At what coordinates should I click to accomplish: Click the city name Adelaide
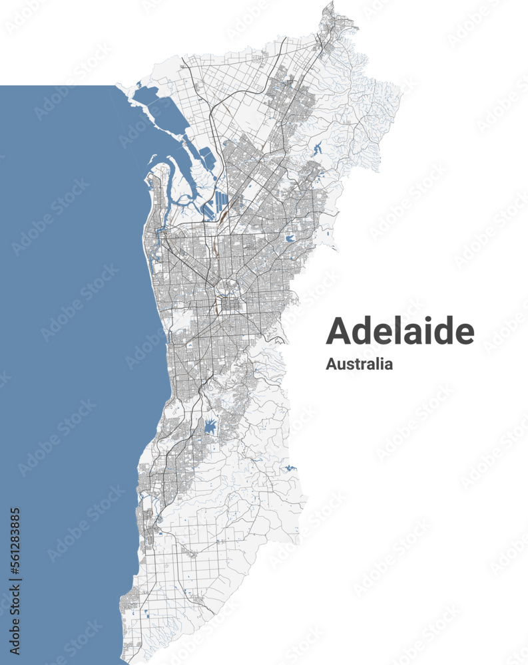click(x=399, y=331)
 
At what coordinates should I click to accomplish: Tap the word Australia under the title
click(x=359, y=364)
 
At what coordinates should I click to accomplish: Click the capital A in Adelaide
click(x=339, y=331)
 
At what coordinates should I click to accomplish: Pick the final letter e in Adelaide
click(x=465, y=333)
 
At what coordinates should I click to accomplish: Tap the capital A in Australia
click(x=331, y=364)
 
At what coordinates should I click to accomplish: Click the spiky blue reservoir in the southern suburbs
click(x=210, y=426)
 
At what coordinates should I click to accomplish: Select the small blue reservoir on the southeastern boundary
click(x=290, y=469)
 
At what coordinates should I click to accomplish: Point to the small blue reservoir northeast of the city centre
click(x=289, y=238)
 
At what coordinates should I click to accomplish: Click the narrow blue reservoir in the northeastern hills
click(x=316, y=149)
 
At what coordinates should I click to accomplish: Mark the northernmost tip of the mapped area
click(x=329, y=3)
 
